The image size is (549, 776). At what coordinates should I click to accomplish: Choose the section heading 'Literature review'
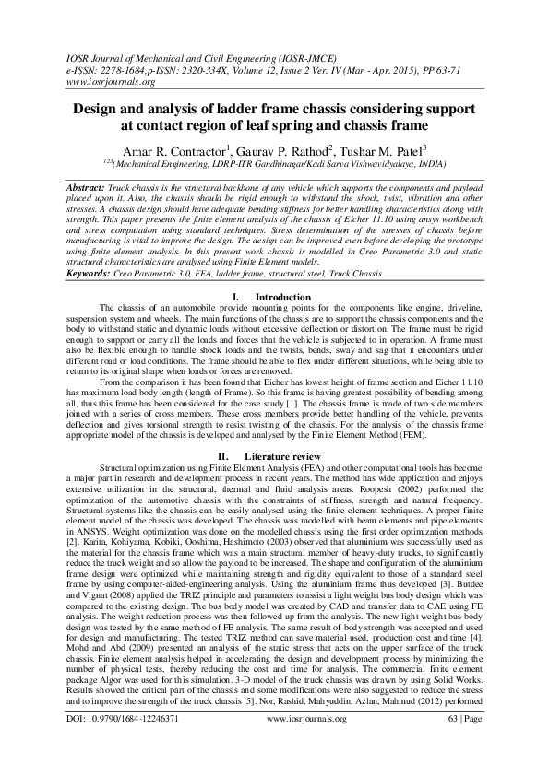(286, 430)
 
